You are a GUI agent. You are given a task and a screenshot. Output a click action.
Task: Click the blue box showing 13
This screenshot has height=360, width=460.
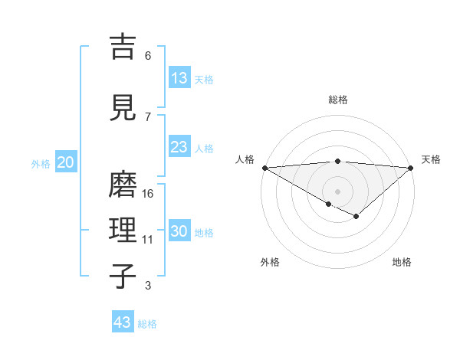[x=179, y=78]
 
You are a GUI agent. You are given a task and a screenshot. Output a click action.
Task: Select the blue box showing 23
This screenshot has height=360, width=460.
[x=179, y=147]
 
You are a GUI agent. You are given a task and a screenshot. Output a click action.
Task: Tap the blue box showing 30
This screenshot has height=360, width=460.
[x=179, y=232]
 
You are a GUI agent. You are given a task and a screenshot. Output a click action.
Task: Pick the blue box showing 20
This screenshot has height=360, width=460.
[x=66, y=162]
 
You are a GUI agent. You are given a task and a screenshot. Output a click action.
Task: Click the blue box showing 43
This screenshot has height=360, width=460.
[x=123, y=322]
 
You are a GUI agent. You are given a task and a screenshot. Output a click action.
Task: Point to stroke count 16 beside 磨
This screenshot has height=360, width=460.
[x=148, y=194]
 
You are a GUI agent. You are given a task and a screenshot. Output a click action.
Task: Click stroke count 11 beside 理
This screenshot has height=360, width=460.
[x=148, y=240]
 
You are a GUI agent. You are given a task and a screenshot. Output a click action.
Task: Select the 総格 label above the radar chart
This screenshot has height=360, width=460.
[x=338, y=100]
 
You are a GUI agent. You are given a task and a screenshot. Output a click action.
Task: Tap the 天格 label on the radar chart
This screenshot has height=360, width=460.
[x=432, y=159]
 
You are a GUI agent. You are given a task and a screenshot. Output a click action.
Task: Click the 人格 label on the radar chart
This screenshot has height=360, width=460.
[x=245, y=159]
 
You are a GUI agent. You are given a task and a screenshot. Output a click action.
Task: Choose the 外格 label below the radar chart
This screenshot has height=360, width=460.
[x=270, y=262]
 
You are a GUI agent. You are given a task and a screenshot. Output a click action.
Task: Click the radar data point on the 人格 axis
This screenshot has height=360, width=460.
[x=264, y=168]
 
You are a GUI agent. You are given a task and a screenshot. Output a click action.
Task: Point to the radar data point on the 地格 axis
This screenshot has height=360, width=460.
[x=356, y=217]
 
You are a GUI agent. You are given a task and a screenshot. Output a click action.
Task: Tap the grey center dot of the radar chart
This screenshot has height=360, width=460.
[x=338, y=191]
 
